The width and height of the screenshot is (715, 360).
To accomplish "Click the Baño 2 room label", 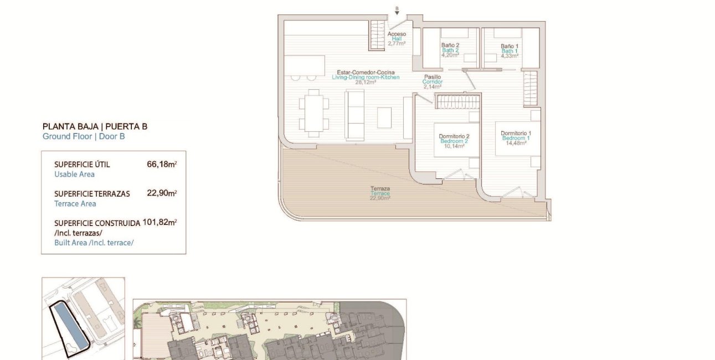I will click(450, 45).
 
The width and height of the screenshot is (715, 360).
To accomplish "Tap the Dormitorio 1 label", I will click(516, 133).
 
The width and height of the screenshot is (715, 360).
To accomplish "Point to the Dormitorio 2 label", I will click(454, 136).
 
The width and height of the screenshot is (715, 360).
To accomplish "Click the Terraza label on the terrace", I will click(380, 188).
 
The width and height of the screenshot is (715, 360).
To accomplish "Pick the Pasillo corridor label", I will click(432, 77).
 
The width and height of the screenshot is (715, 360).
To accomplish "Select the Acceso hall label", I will click(397, 34).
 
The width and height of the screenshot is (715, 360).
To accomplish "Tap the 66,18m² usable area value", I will click(161, 164).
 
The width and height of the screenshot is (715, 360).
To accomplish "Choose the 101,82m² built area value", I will click(160, 223).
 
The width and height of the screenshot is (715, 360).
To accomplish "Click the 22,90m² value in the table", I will click(161, 193).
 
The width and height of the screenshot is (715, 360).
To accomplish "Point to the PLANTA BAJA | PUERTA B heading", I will click(95, 126).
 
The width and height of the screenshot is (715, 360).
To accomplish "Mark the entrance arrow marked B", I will click(397, 11).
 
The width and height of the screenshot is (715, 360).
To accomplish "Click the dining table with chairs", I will click(314, 113).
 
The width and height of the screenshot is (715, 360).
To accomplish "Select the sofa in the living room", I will click(355, 116).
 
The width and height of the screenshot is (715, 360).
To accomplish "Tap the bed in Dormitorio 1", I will click(518, 138).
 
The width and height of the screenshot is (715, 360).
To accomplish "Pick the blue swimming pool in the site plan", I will click(69, 327).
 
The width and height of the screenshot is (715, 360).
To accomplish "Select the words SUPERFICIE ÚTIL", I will click(82, 164).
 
